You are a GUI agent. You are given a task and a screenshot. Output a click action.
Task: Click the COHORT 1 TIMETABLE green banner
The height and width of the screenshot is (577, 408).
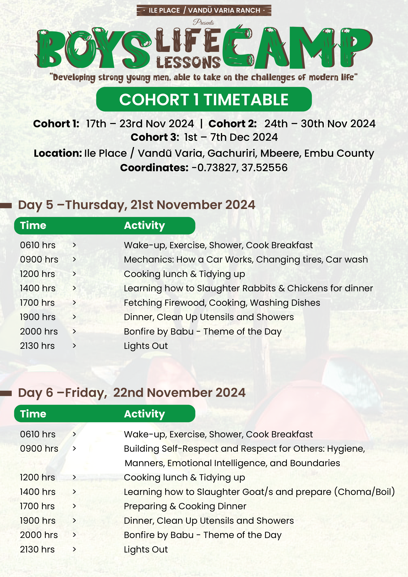pos(204,99)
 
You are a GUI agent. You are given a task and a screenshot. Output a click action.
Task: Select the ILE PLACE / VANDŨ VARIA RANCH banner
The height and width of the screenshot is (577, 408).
pos(204,10)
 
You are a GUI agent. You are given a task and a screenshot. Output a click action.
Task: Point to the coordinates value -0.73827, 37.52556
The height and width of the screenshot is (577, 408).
pos(239,168)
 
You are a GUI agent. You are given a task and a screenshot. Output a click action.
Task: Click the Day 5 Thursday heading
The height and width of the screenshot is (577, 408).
pos(137,205)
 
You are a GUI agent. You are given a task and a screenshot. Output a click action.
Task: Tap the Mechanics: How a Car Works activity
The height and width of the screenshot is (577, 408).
pos(246,259)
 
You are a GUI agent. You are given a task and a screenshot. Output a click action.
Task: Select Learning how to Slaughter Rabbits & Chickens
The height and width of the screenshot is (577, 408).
pos(248,288)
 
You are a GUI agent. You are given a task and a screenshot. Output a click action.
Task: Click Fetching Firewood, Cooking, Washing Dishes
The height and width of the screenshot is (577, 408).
pos(222,303)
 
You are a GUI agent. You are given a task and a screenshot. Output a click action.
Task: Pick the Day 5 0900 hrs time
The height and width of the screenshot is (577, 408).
pos(39,259)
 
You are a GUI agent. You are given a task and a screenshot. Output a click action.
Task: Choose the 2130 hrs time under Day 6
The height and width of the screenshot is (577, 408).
pos(37,549)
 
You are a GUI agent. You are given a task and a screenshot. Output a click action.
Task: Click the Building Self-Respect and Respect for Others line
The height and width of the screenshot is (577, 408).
pos(244,449)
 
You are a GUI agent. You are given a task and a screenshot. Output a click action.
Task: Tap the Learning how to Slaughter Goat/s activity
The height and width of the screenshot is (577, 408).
pos(259,492)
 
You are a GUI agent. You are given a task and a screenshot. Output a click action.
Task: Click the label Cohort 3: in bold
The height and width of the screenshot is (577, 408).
pos(155,137)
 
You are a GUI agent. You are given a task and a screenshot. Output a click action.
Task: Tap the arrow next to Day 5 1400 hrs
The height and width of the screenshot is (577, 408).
pos(74,288)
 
